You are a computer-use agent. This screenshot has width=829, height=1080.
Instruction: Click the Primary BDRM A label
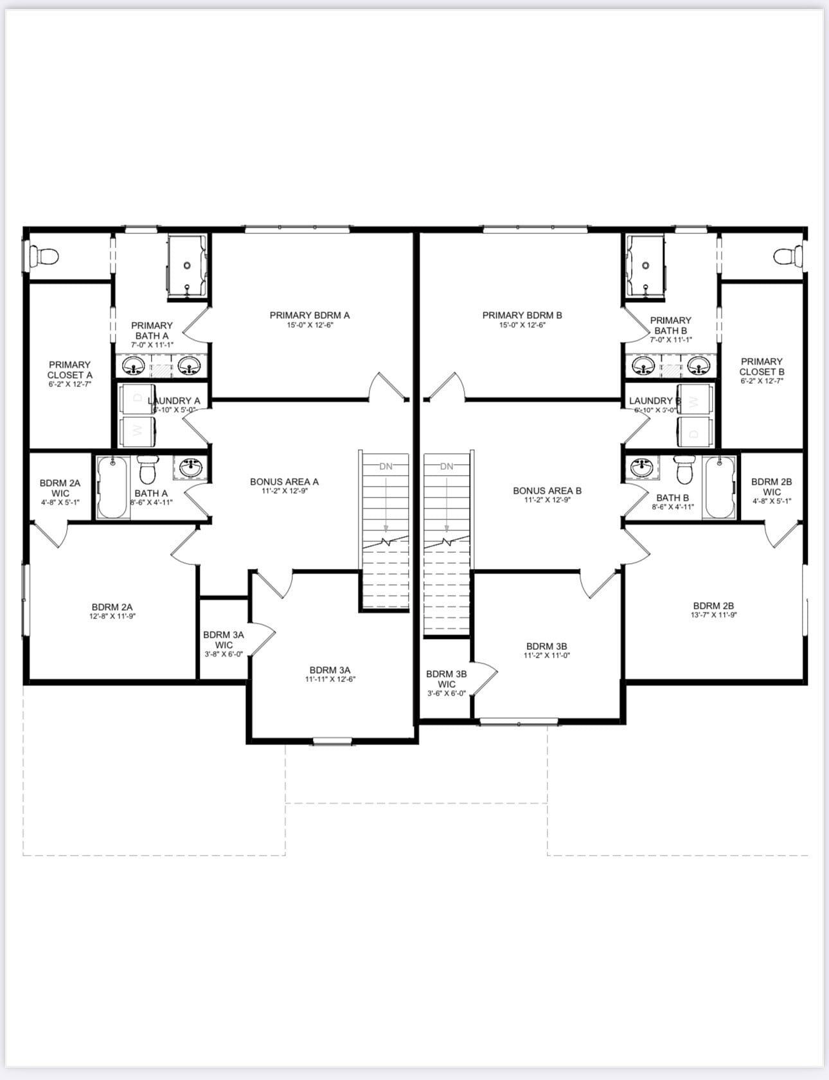click(309, 315)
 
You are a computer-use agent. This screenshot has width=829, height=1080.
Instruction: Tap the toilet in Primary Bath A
click(45, 256)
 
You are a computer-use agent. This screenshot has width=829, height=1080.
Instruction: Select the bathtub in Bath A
click(112, 487)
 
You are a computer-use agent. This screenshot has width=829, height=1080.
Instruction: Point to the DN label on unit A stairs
click(386, 466)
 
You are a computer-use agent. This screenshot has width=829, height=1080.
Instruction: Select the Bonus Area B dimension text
click(547, 500)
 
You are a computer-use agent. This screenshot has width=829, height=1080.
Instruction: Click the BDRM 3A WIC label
click(223, 640)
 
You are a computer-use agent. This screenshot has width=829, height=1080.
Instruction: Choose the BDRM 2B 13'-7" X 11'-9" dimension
click(713, 615)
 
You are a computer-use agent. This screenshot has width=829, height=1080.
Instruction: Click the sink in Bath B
click(641, 467)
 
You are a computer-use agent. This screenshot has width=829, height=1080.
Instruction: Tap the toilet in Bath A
click(148, 471)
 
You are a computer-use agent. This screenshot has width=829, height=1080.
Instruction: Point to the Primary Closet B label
click(762, 366)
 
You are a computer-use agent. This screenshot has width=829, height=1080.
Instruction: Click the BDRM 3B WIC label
click(446, 679)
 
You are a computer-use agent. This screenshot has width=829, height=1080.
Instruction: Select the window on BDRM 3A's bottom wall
click(332, 741)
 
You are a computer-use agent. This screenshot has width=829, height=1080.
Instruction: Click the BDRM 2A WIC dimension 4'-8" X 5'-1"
click(60, 502)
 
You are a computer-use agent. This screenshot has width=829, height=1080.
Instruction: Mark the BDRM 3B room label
click(546, 646)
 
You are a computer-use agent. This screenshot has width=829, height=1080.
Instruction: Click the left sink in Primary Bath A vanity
click(134, 366)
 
